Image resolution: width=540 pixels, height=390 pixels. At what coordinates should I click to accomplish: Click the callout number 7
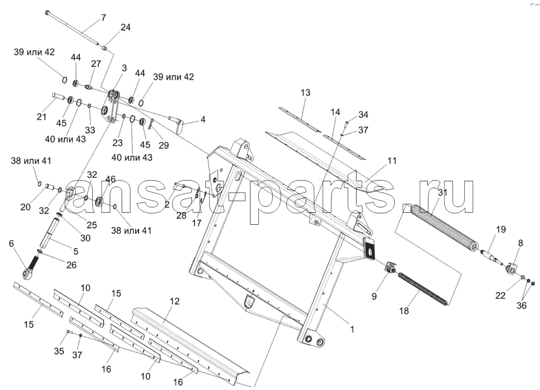pos(104,17)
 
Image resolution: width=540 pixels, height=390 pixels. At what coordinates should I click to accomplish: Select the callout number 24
pos(125,27)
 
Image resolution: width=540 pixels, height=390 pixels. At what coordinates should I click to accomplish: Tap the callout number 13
pos(305,93)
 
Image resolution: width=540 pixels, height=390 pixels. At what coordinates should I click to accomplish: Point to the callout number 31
pos(443,192)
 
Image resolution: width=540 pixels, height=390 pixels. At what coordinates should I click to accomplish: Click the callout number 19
pos(501,229)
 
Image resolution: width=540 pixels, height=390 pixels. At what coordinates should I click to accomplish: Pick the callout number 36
pos(522,306)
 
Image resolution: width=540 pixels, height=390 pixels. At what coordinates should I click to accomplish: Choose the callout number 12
pos(175,301)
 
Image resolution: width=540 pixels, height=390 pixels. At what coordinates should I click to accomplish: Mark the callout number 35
pos(59,351)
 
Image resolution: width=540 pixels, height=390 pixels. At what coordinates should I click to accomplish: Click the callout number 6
pos(11,244)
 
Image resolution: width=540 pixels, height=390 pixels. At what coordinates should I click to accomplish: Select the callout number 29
pos(164,145)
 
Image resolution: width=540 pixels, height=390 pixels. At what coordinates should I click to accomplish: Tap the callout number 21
pos(41,117)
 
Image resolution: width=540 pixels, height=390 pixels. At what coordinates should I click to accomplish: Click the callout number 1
pos(352,329)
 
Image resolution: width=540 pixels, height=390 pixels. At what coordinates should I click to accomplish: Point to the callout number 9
pos(374,296)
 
